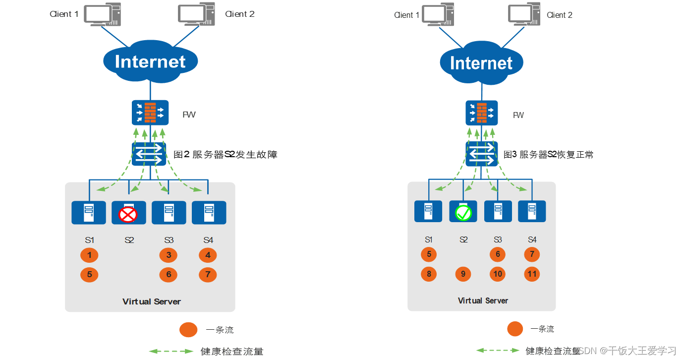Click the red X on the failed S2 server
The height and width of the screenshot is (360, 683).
click(128, 215)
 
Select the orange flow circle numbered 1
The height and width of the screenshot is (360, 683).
click(89, 255)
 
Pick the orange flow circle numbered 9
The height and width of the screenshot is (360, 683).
click(463, 274)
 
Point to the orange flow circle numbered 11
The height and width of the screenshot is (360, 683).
click(532, 274)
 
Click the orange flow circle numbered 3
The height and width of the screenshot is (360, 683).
click(169, 255)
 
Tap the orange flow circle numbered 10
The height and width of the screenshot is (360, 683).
click(498, 274)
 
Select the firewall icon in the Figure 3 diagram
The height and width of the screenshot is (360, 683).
click(481, 113)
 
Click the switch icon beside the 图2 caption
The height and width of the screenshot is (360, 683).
click(150, 155)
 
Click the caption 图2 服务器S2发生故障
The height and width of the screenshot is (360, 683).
click(225, 155)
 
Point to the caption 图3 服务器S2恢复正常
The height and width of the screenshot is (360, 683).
click(548, 155)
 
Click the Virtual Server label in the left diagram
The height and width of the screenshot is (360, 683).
click(152, 301)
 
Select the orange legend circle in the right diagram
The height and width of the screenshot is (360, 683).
click(515, 329)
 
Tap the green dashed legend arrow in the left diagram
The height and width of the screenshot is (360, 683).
click(171, 351)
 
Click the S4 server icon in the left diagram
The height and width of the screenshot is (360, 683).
click(209, 213)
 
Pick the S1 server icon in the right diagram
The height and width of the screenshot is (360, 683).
click(428, 211)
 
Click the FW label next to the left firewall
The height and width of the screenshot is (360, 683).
click(189, 115)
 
